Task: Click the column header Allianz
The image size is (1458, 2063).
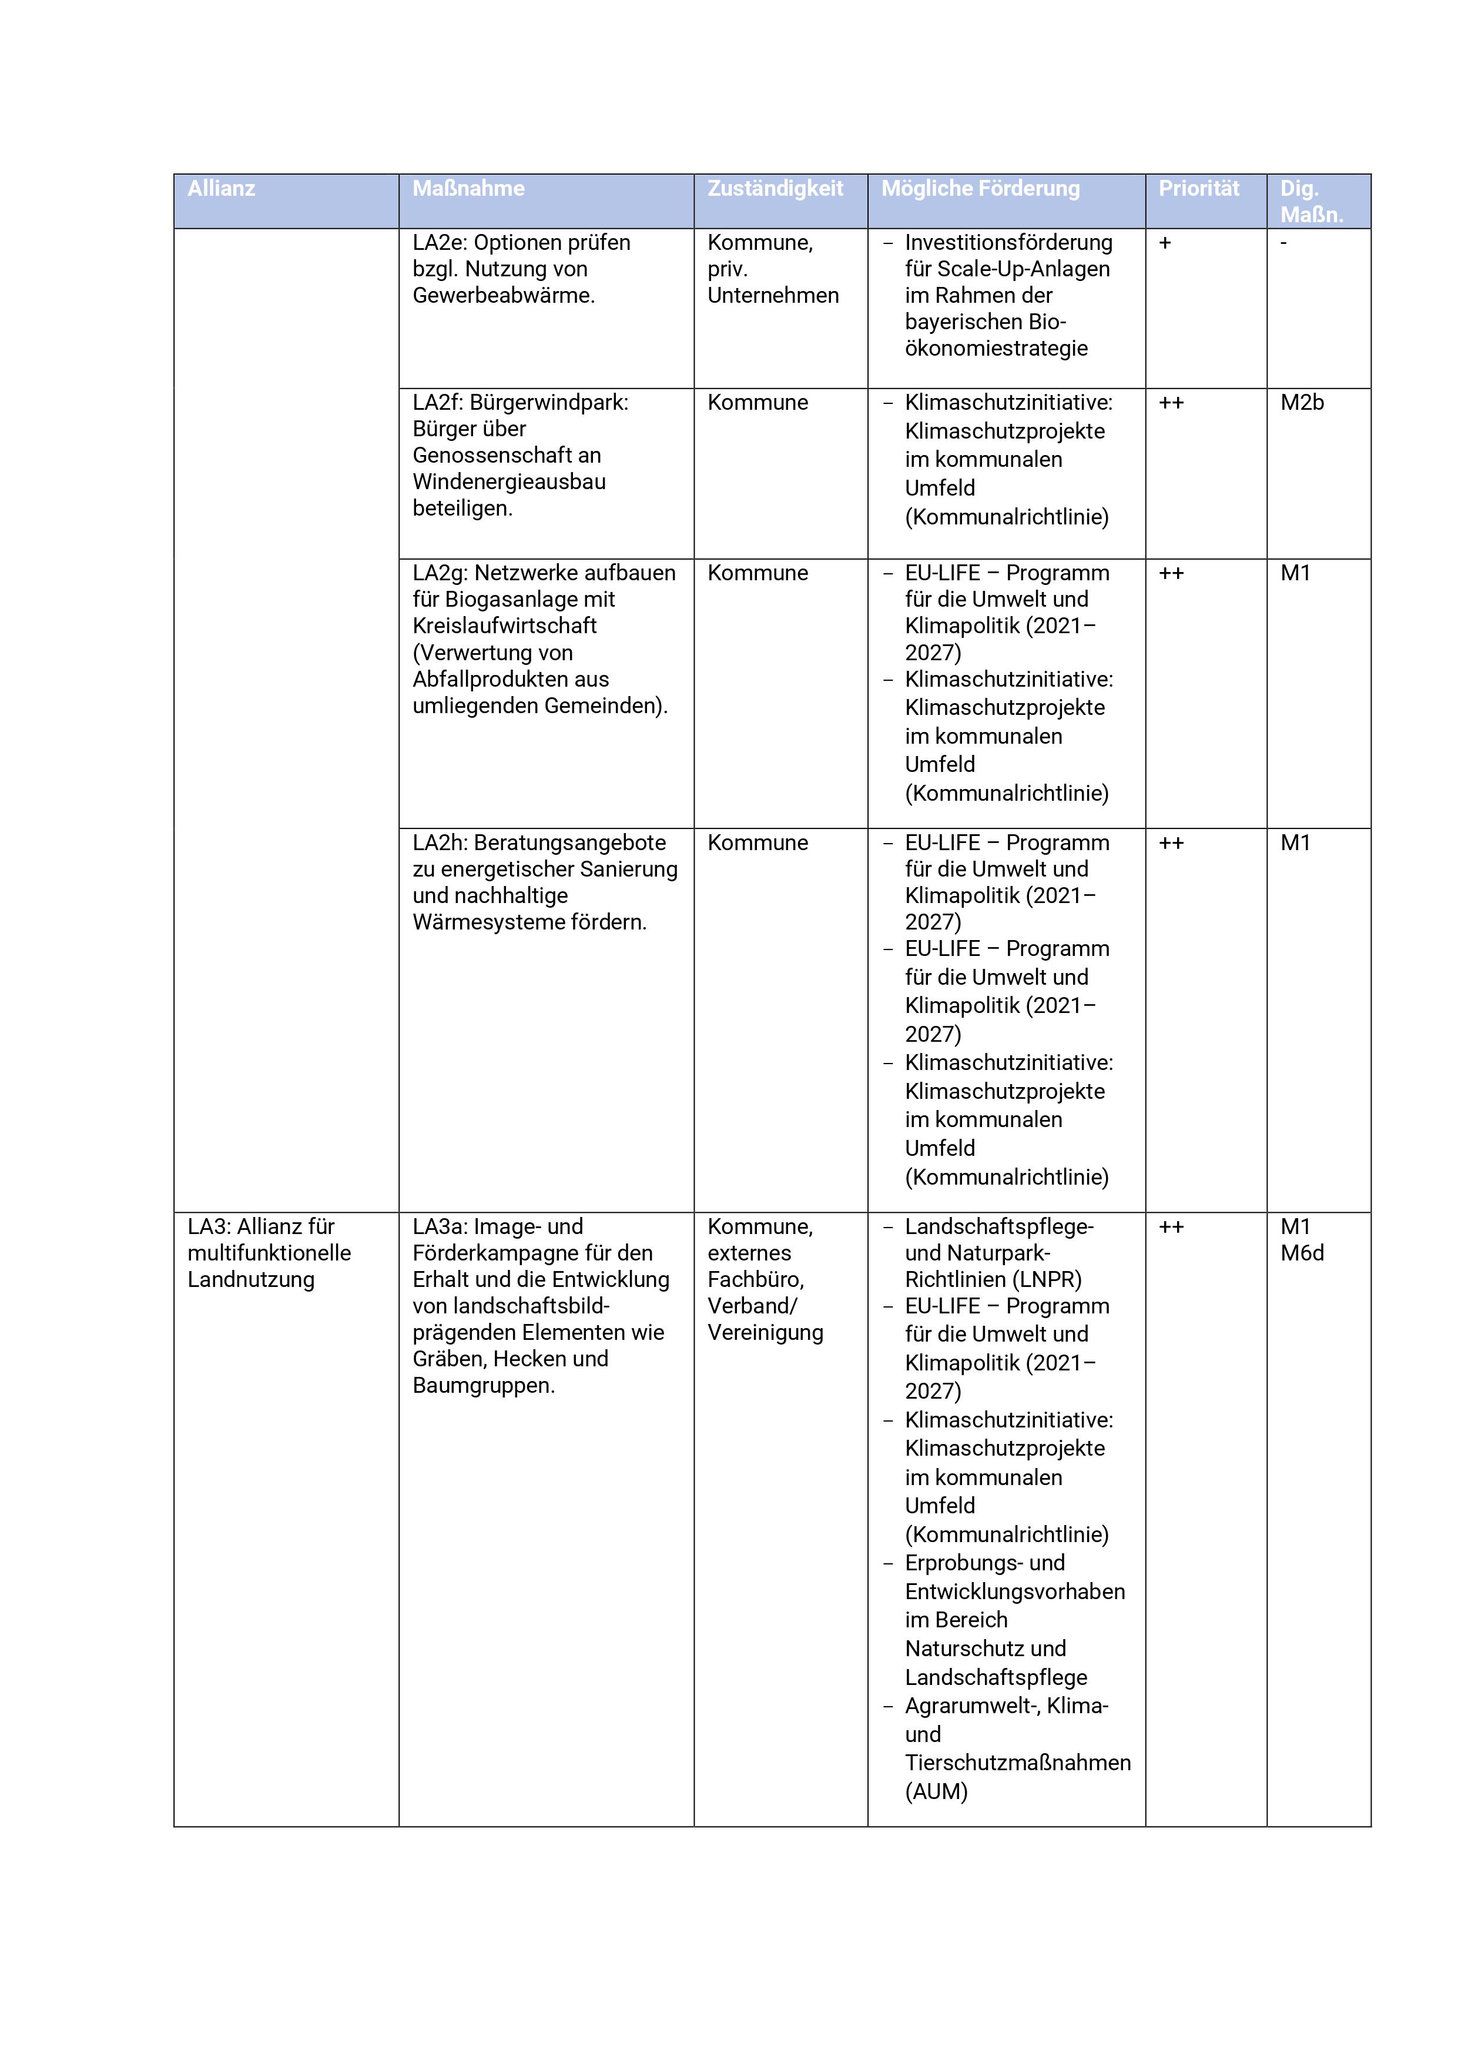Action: coord(221,189)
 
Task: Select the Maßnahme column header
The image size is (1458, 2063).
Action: coord(468,189)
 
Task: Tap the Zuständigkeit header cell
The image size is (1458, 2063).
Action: coord(775,189)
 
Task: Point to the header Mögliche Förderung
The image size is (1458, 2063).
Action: coord(980,189)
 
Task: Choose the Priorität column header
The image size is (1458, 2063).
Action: coord(1198,189)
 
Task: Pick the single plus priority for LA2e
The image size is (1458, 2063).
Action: coord(1165,243)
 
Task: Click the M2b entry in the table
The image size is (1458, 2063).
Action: coord(1302,403)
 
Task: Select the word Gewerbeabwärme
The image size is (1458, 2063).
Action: coord(503,296)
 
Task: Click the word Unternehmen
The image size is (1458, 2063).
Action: coord(773,296)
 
